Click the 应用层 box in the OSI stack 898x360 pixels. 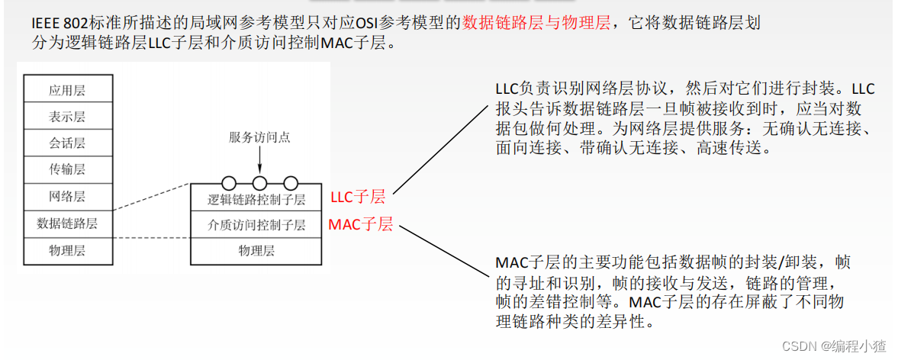coord(67,90)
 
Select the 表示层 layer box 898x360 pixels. coord(67,117)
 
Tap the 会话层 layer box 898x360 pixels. coord(67,143)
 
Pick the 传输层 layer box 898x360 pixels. coord(67,169)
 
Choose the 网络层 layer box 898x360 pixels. coord(67,197)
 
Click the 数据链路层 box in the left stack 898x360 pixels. coord(67,223)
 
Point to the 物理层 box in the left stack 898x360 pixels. coord(67,249)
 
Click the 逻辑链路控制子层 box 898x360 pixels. coord(256,201)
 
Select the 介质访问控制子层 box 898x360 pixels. coord(256,225)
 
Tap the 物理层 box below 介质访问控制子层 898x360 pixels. coord(256,250)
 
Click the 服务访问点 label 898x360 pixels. coord(259,137)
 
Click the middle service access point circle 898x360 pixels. coord(259,183)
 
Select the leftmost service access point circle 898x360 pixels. coord(228,183)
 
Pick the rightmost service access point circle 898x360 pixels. coord(290,183)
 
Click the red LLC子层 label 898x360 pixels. coord(358,198)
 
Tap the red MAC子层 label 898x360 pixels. coord(360,225)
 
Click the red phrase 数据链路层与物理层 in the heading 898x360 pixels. coord(536,24)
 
